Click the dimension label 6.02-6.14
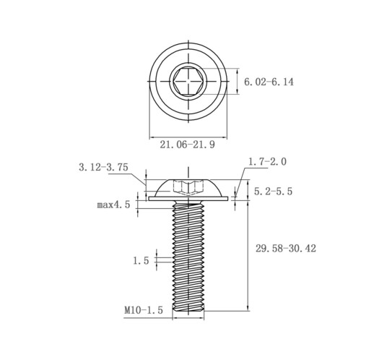click(x=269, y=82)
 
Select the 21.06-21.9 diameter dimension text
click(x=188, y=145)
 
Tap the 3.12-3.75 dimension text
click(x=103, y=167)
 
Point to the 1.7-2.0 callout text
click(x=267, y=161)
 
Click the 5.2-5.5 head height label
click(x=273, y=192)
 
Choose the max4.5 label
click(x=113, y=205)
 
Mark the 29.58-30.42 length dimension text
click(x=286, y=248)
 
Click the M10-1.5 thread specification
click(x=144, y=310)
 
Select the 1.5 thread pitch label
click(x=142, y=260)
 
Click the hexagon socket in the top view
click(x=188, y=81)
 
